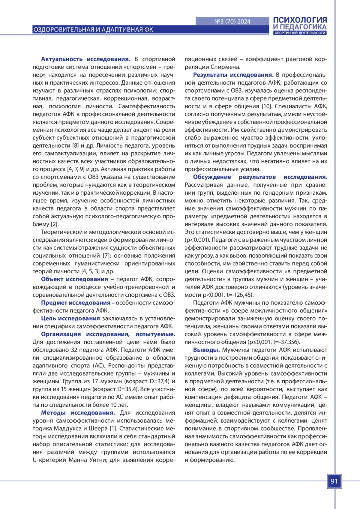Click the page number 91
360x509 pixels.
point(334,481)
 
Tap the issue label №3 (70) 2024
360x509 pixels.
point(232,22)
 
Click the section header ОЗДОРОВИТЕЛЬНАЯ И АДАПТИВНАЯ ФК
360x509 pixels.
point(93,30)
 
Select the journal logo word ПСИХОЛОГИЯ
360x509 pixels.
point(300,20)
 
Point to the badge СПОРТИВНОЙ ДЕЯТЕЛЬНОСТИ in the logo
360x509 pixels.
point(300,33)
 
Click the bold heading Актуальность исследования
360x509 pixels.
point(85,59)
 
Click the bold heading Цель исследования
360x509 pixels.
point(70,318)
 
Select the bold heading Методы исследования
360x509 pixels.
point(78,413)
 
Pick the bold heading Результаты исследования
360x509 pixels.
point(233,75)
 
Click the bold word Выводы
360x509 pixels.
point(206,350)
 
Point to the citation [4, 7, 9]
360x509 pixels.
point(76,169)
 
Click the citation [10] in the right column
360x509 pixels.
point(266,106)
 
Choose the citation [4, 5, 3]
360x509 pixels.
point(90,271)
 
